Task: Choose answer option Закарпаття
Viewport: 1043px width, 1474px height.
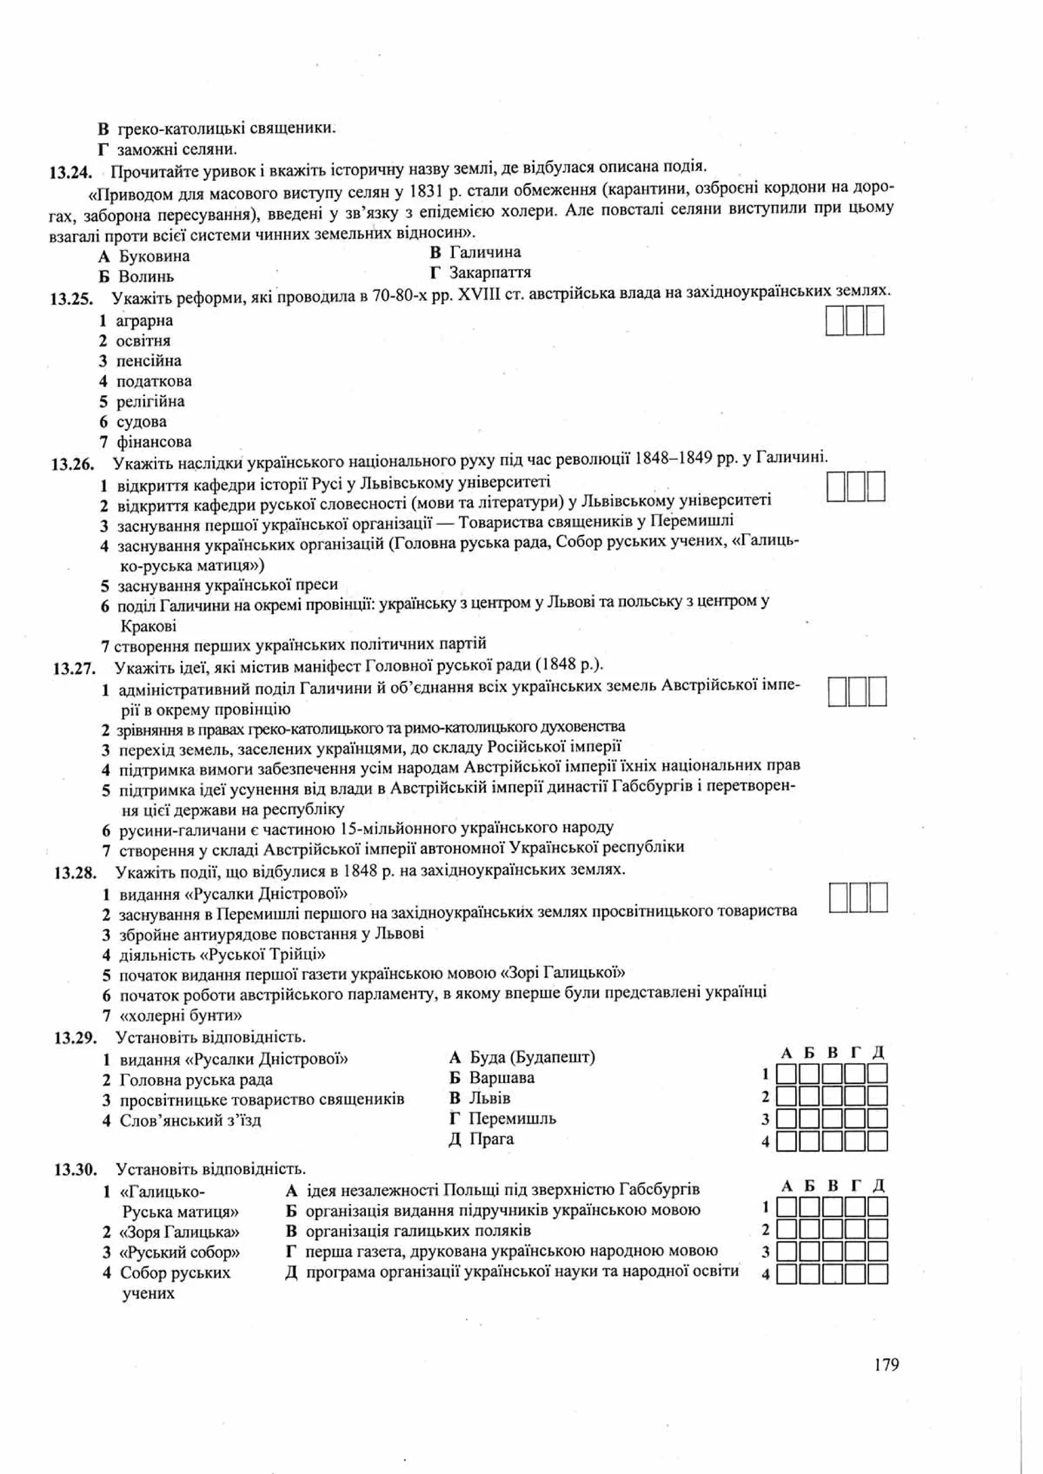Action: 489,273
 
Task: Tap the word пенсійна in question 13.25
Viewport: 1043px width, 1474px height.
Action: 148,361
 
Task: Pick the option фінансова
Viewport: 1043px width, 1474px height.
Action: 153,442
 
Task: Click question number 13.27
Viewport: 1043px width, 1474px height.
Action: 74,668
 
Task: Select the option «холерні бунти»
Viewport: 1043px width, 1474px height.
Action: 180,1015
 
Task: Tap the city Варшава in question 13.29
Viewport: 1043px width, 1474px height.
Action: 502,1078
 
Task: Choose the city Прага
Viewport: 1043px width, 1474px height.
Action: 491,1139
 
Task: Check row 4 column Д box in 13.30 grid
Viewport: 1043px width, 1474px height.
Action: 877,1273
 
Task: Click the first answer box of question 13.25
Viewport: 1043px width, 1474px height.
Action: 834,321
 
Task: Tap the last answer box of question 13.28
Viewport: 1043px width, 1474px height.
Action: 877,897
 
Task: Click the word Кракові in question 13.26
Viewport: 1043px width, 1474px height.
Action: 148,626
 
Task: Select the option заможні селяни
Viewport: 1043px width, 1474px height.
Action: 177,150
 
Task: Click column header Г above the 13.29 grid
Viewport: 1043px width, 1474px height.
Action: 855,1053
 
